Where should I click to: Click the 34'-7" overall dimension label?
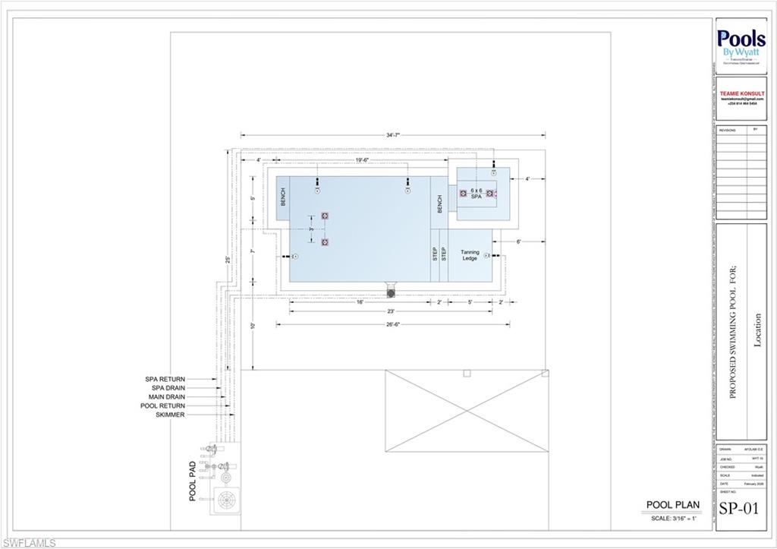coord(392,135)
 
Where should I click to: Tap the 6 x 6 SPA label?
coord(476,193)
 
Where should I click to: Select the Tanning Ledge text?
coord(470,255)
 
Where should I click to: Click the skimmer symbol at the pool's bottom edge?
coord(392,292)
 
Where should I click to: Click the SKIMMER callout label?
coord(170,415)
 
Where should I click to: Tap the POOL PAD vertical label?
coord(193,481)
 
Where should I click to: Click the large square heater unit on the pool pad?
coord(226,500)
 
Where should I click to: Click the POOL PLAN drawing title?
coord(672,504)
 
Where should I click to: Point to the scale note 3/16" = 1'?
coord(672,518)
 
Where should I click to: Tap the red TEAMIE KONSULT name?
coord(741,93)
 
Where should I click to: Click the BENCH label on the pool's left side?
coord(283,197)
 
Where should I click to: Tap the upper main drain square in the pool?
coord(325,216)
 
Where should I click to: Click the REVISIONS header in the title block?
coord(727,131)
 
